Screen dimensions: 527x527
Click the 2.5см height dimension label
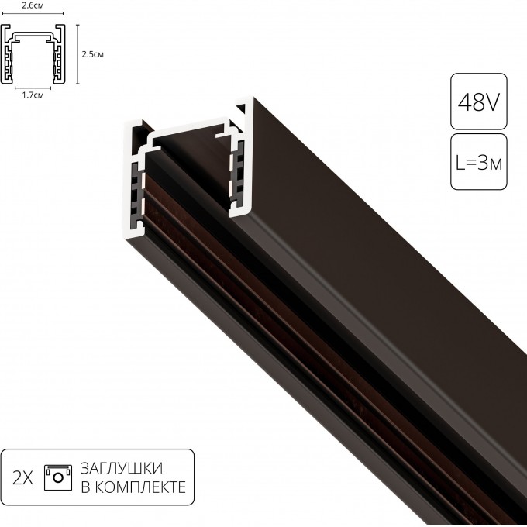[92, 54]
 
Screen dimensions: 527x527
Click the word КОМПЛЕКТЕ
[140, 487]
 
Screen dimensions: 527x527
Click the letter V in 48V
[491, 102]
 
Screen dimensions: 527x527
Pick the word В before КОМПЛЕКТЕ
[85, 487]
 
